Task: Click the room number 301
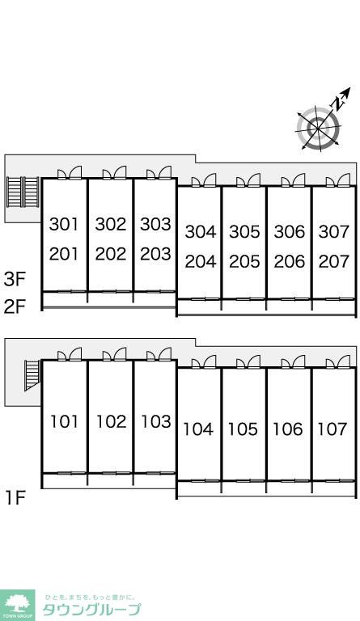pos(64,224)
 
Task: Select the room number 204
pos(201,261)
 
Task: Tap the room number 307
pos(334,232)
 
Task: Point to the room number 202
pos(111,254)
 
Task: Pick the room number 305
pos(244,232)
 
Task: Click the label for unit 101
pos(64,421)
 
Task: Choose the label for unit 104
pos(197,429)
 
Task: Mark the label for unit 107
pos(332,429)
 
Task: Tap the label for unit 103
pos(156,421)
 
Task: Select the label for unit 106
pos(287,429)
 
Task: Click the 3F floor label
pos(15,279)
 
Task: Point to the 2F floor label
pos(15,306)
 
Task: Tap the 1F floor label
pos(15,498)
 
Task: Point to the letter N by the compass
pos(338,103)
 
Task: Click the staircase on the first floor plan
pos(32,375)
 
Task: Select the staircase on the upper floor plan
pos(23,192)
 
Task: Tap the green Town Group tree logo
pos(18,605)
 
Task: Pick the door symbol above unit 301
pos(70,173)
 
